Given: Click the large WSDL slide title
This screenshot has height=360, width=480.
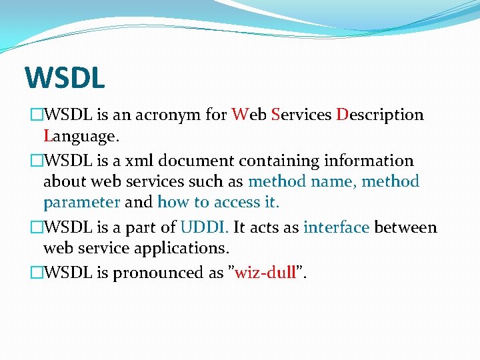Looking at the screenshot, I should tap(65, 77).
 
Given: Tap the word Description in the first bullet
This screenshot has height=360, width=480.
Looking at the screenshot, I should tap(380, 115).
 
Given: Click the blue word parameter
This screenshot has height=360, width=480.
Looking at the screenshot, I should tap(81, 202).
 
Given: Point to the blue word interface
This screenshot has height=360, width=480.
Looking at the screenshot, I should tap(336, 227).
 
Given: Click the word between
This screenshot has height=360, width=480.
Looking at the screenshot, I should tap(405, 227).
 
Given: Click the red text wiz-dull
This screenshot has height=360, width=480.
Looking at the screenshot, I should tap(266, 273).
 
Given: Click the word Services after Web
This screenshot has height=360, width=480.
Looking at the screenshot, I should tap(301, 115).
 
